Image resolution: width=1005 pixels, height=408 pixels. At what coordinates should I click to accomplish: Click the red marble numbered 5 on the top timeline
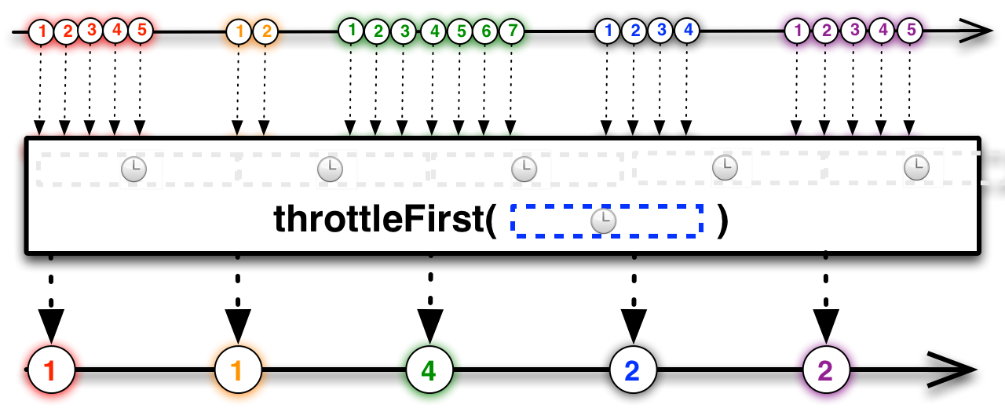point(141,32)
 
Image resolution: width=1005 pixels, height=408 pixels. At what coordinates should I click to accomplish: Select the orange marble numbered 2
point(265,32)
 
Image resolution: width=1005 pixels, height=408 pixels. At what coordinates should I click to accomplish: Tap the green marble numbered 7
point(513,32)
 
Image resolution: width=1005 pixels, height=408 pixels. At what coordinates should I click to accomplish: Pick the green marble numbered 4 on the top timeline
point(433,32)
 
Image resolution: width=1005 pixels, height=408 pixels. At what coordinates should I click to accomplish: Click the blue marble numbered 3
point(662,32)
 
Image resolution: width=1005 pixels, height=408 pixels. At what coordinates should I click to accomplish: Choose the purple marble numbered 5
point(910,32)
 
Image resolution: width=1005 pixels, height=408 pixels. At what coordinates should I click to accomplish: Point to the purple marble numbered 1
point(798,32)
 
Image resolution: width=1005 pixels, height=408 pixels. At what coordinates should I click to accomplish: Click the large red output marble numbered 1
point(51,368)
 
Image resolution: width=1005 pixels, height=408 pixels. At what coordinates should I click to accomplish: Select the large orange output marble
point(238,368)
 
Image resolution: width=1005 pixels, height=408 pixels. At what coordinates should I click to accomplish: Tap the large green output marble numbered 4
point(429,368)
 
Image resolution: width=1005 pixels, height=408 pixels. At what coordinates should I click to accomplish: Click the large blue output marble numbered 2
point(634,368)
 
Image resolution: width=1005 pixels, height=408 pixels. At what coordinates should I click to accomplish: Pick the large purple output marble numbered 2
point(826,368)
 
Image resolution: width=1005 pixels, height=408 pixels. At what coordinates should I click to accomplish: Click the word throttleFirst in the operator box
point(382,221)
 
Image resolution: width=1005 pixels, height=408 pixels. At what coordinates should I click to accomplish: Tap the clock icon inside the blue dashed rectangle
point(603,222)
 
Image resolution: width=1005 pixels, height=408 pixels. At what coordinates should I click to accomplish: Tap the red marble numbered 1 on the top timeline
point(42,32)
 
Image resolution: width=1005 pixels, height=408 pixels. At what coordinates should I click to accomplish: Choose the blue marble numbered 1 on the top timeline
point(607,32)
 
